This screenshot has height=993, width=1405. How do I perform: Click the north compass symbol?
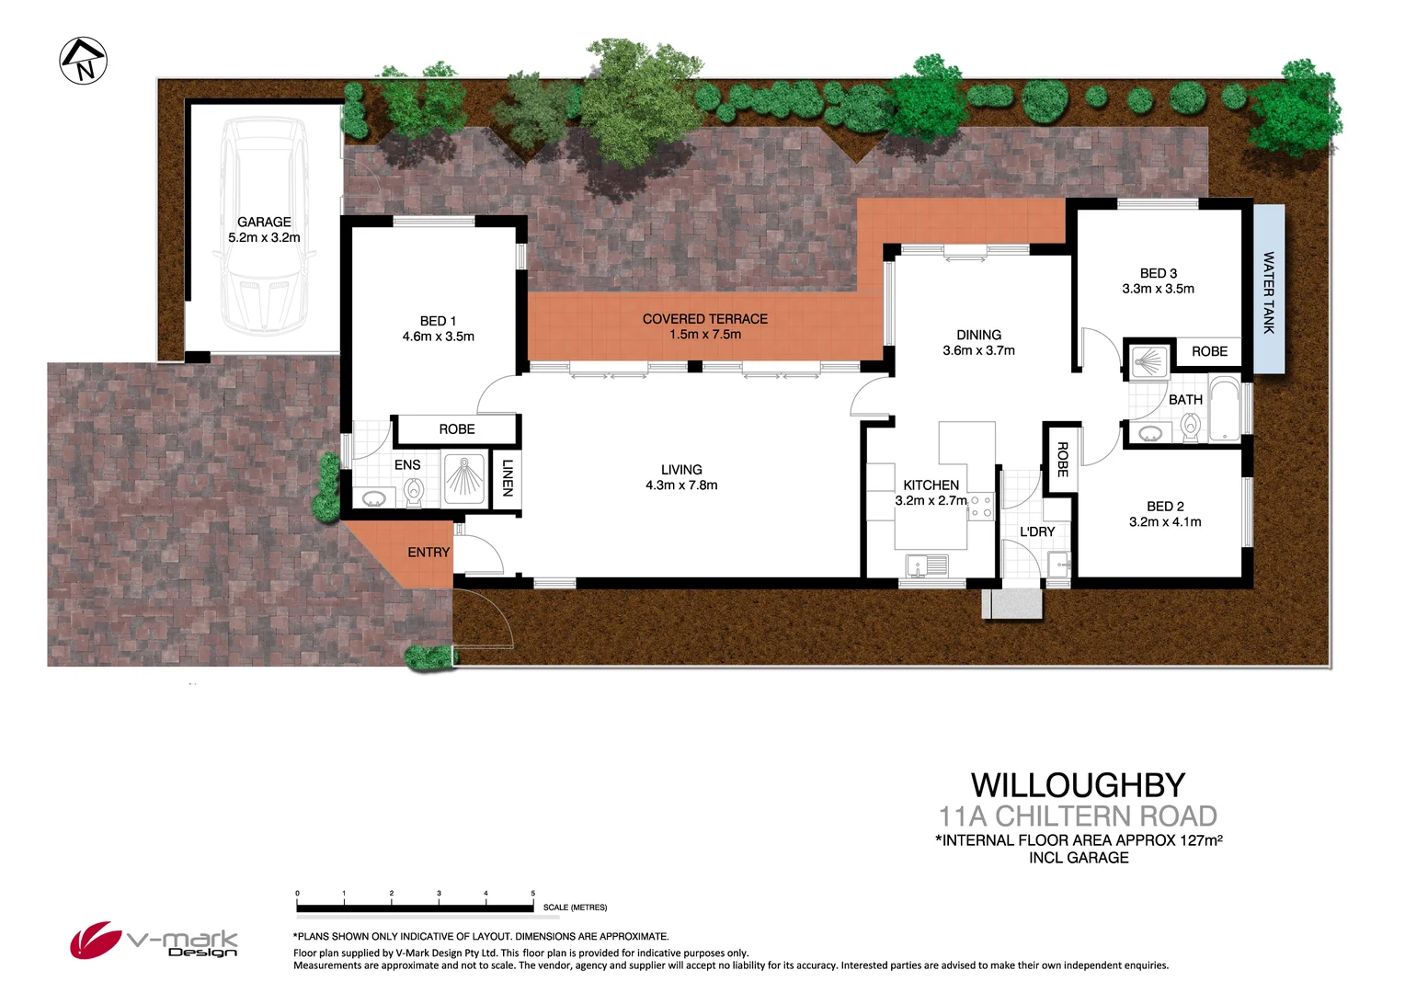(x=84, y=61)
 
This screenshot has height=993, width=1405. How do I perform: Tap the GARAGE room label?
(x=264, y=222)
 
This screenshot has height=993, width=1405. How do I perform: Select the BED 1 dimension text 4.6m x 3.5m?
(x=438, y=337)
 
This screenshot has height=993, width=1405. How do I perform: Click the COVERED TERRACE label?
(x=704, y=319)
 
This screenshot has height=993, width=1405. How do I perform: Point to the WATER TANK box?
(x=1269, y=289)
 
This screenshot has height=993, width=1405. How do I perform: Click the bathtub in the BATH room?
(x=1224, y=409)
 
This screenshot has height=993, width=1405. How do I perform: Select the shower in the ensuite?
(x=463, y=478)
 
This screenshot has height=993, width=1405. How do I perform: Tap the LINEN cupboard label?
(x=507, y=478)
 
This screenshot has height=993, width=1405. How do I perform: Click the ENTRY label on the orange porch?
(x=428, y=552)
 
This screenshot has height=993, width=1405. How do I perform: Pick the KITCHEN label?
(x=931, y=485)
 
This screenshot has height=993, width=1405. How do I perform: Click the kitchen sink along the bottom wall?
(x=926, y=565)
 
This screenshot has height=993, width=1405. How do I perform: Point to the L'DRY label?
(x=1037, y=531)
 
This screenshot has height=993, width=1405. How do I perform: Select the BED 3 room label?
(x=1158, y=273)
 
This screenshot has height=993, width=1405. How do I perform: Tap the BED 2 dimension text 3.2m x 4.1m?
(x=1165, y=521)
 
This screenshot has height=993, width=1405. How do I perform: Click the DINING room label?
(x=978, y=335)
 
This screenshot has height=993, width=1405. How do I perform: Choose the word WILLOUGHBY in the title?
(x=1078, y=785)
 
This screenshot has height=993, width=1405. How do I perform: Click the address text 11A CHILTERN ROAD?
(x=1078, y=816)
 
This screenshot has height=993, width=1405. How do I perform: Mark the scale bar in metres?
(x=415, y=907)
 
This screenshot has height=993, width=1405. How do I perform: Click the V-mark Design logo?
(x=154, y=941)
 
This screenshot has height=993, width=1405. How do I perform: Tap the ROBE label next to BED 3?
(x=1209, y=351)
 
